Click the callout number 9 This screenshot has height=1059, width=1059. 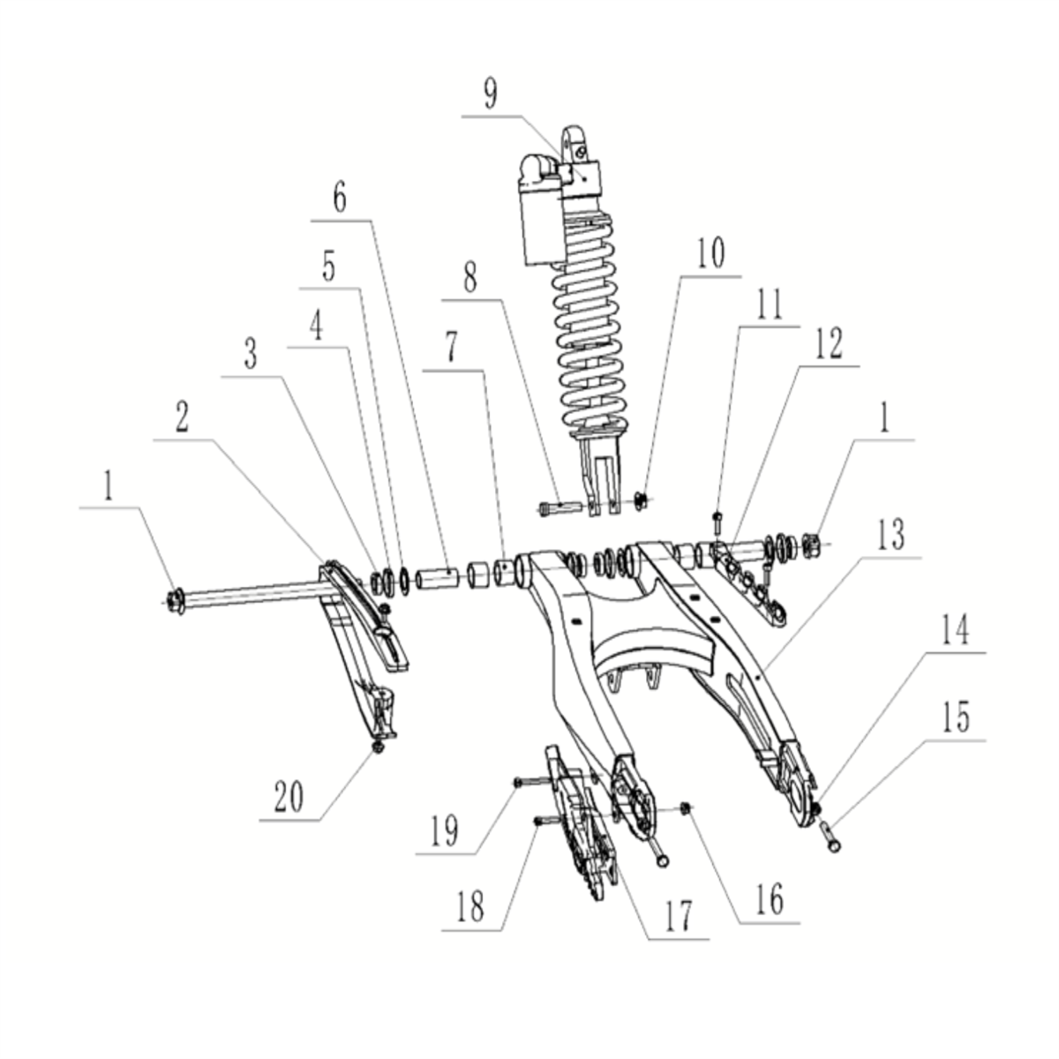(490, 94)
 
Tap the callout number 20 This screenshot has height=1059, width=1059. (288, 797)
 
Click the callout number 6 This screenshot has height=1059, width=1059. (340, 199)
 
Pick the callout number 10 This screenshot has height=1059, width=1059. (710, 253)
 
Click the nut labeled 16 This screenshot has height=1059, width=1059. (687, 807)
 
